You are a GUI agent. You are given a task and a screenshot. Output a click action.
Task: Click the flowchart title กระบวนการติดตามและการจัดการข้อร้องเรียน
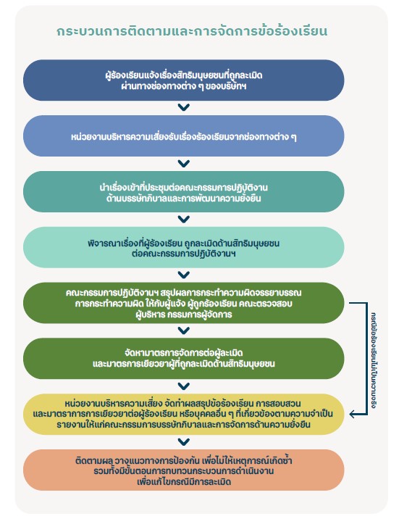(x=192, y=31)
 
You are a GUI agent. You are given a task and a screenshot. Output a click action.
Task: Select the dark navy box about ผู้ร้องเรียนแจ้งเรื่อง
(x=184, y=80)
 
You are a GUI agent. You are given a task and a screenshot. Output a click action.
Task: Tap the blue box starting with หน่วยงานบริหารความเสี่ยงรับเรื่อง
(x=184, y=136)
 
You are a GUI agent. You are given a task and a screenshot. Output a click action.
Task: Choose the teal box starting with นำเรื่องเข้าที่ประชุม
(x=184, y=192)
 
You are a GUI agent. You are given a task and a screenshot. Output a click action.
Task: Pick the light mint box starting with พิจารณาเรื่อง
(x=184, y=247)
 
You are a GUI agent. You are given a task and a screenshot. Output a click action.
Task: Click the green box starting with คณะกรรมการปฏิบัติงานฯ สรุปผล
(x=184, y=303)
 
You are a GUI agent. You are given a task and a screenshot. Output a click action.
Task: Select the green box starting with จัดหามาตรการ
(x=184, y=359)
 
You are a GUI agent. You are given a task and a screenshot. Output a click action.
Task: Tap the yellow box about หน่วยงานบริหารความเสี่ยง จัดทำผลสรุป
(x=184, y=414)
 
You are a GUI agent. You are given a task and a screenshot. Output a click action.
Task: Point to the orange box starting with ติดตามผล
(x=184, y=470)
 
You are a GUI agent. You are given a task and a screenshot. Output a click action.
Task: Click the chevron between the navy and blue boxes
(x=184, y=107)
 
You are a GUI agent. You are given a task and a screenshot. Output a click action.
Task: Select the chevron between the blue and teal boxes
(x=184, y=163)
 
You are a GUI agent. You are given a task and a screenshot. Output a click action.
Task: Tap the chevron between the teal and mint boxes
(x=184, y=219)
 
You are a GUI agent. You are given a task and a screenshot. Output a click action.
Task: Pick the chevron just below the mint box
(x=184, y=275)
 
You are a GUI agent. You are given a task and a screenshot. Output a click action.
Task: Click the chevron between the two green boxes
(x=184, y=330)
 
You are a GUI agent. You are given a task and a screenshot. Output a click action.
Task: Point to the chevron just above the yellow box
(x=184, y=386)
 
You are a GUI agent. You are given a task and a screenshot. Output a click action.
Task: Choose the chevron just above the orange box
(x=184, y=442)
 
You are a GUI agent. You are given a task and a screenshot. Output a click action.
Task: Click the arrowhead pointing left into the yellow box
(x=352, y=415)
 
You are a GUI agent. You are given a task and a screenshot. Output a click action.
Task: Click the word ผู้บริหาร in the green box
(x=151, y=315)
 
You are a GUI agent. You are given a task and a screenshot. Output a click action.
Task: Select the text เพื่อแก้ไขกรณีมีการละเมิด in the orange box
(x=184, y=481)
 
